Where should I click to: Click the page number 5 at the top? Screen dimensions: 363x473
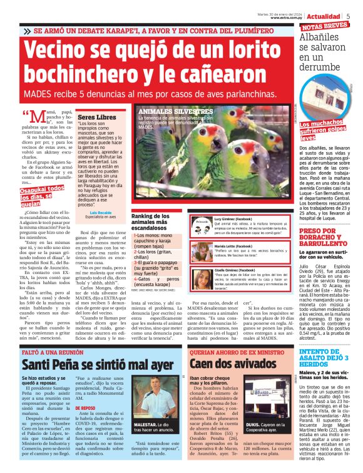click(x=349, y=16)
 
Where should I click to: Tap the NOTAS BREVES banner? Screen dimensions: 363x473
click(x=325, y=26)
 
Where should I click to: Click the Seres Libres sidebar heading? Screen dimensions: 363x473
click(x=96, y=117)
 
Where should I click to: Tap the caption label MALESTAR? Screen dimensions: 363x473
click(x=146, y=441)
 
